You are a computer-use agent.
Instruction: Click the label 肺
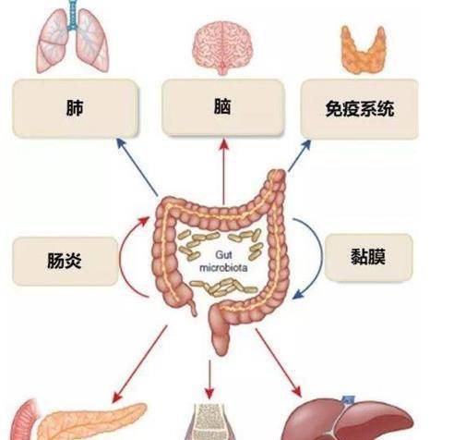tap(75, 107)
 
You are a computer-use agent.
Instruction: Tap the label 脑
tap(222, 106)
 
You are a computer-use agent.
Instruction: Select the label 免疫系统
tap(360, 108)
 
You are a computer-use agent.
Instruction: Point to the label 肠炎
tap(65, 261)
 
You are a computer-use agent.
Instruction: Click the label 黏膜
tap(368, 256)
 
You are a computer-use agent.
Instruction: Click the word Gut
tap(223, 255)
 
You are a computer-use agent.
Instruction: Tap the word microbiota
tap(223, 267)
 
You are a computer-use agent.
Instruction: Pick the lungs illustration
tap(73, 37)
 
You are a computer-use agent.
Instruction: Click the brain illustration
tap(223, 49)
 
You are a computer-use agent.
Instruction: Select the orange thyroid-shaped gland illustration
tap(364, 50)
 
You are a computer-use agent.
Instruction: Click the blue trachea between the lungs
tap(73, 15)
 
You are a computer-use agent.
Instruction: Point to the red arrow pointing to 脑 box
tap(224, 171)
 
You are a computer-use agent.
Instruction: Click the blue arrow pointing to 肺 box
tap(137, 166)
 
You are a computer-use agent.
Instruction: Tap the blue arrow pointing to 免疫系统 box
tap(299, 155)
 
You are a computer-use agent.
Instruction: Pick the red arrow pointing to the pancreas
tap(140, 363)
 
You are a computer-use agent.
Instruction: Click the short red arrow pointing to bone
tap(209, 379)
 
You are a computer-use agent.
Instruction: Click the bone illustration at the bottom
tap(209, 422)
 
